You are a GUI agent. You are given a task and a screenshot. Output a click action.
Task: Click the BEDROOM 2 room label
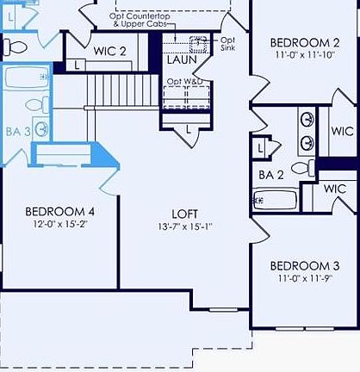pos(304,42)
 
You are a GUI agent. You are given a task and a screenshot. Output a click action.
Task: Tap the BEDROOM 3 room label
pos(304,265)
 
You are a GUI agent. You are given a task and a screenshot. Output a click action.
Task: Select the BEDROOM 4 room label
pos(59,211)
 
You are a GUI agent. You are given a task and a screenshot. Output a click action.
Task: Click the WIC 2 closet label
pos(110,51)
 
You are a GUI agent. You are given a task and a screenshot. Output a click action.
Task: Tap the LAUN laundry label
pos(182,59)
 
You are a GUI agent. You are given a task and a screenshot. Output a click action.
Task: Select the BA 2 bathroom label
pos(271,175)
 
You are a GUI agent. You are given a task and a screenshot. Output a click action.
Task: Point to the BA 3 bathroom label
pos(18,132)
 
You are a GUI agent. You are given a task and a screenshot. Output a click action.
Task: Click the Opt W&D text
pos(184,81)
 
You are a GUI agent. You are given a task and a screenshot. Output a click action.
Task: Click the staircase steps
pos(121,90)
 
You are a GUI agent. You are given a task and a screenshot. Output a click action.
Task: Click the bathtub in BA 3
pos(26,78)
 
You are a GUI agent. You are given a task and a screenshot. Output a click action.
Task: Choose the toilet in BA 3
pos(34,105)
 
